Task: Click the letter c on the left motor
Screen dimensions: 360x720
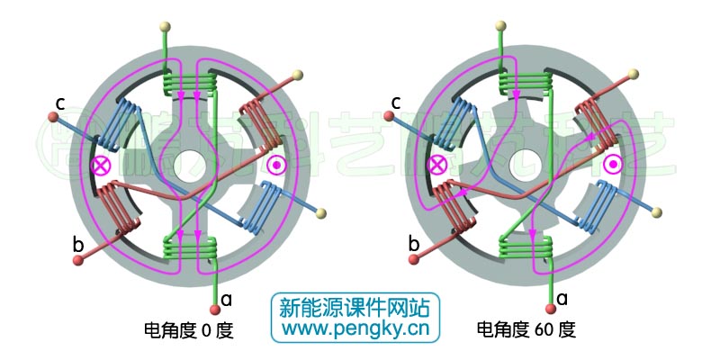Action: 58,103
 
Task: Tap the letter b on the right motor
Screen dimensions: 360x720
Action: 415,243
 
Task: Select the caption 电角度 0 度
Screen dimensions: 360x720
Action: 188,330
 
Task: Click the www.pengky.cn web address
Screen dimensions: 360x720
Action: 356,328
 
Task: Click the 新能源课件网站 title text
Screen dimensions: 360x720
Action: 356,306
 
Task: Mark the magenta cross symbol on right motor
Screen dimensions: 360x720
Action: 438,165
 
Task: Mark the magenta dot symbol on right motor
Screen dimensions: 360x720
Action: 613,164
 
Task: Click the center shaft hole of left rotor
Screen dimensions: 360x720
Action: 190,165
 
